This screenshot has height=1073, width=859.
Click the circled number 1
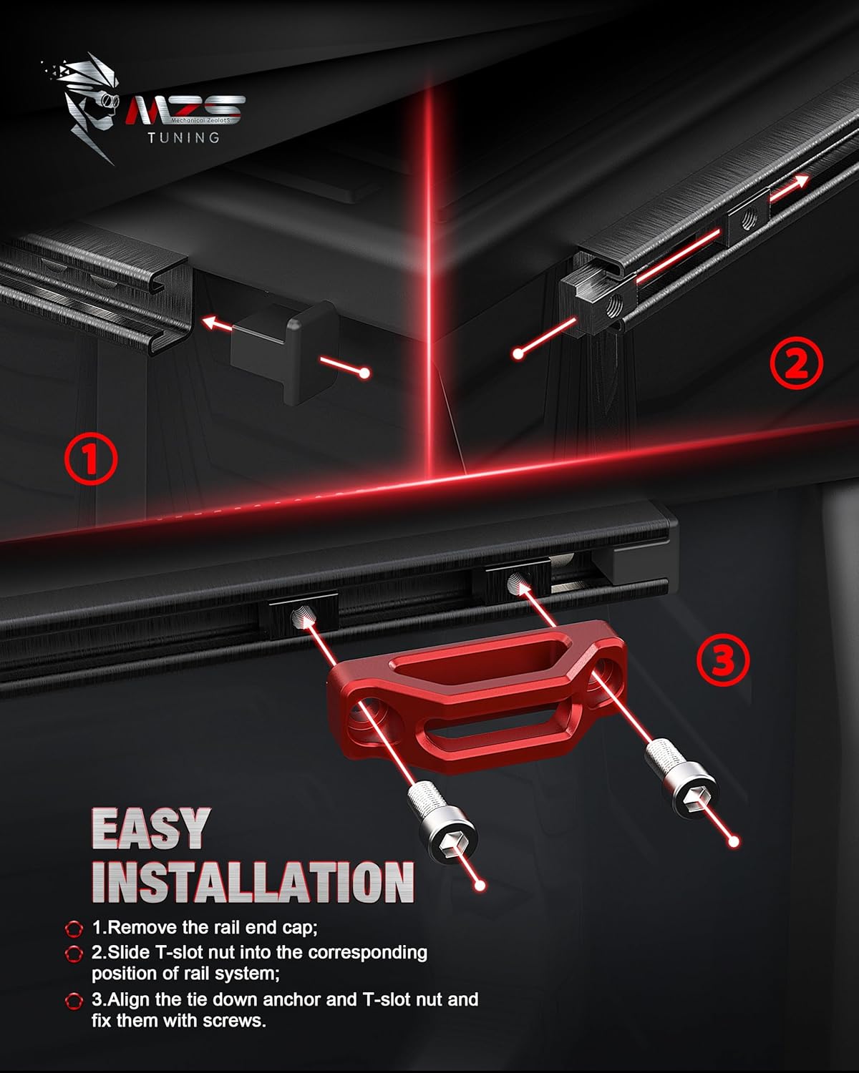(x=92, y=459)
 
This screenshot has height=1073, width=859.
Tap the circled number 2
(x=796, y=363)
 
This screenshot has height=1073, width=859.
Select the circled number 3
(x=723, y=660)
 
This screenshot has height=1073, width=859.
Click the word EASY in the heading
(x=151, y=828)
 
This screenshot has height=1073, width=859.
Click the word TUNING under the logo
(x=184, y=137)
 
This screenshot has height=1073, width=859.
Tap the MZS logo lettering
(x=185, y=109)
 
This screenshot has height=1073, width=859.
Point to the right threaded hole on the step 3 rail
(x=518, y=582)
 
